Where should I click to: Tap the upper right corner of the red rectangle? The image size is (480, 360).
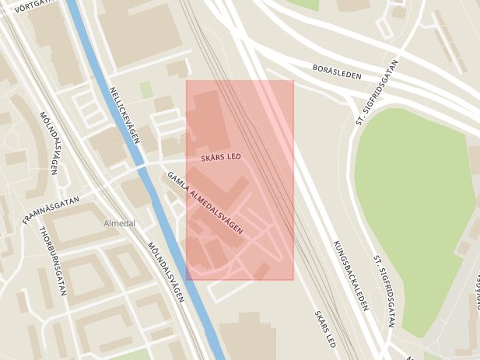pyautogui.click(x=293, y=80)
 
